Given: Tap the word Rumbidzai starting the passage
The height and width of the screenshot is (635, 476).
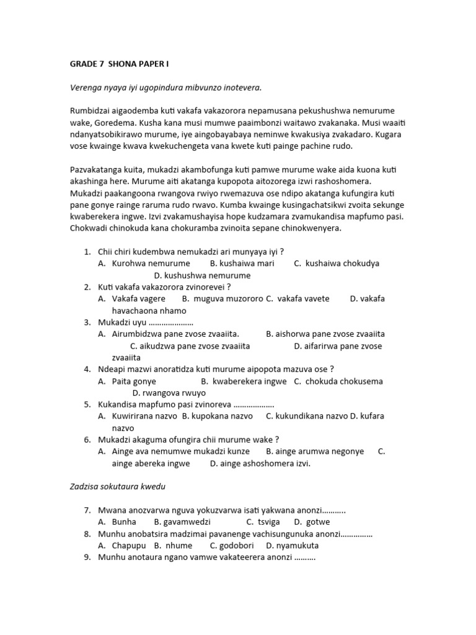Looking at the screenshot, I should click(x=90, y=110).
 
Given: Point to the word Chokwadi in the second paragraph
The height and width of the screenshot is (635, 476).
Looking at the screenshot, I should click(x=89, y=228).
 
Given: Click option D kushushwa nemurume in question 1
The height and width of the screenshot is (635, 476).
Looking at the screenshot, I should click(x=202, y=275).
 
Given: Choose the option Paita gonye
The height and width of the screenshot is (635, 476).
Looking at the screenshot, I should click(x=134, y=381).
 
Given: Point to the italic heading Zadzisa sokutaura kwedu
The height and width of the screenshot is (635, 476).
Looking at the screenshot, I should click(x=118, y=487).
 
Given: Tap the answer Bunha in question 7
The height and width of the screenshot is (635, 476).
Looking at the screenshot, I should click(x=124, y=522).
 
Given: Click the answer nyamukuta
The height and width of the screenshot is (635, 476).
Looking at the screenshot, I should click(x=292, y=546).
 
